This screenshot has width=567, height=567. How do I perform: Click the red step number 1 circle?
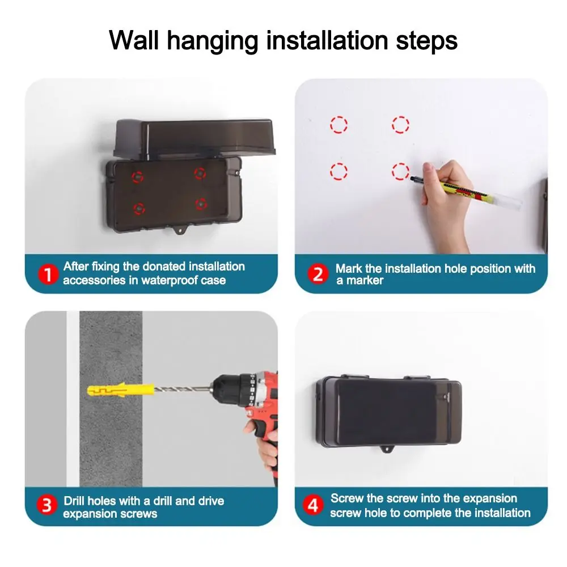[x=48, y=275]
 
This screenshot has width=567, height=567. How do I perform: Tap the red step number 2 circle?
[x=318, y=274]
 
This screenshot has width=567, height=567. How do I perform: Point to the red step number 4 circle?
[x=312, y=505]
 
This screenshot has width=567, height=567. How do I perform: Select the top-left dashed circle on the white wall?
[x=338, y=124]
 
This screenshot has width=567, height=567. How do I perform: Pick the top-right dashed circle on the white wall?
[x=400, y=124]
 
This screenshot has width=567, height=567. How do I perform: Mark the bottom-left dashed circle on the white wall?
[x=338, y=170]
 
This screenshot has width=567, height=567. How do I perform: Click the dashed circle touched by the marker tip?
[x=400, y=170]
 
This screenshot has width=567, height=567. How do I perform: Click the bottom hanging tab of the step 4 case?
[x=388, y=451]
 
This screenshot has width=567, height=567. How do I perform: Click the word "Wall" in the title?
[x=134, y=41]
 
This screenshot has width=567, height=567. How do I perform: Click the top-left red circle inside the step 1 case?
[x=138, y=176]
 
